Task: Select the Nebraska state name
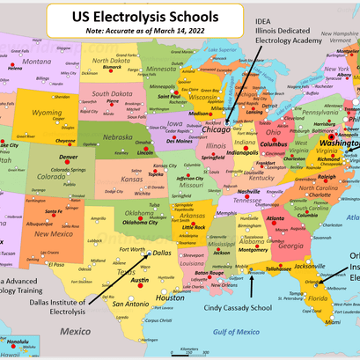[119, 137]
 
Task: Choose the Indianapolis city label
[244, 151]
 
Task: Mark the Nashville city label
[249, 192]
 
